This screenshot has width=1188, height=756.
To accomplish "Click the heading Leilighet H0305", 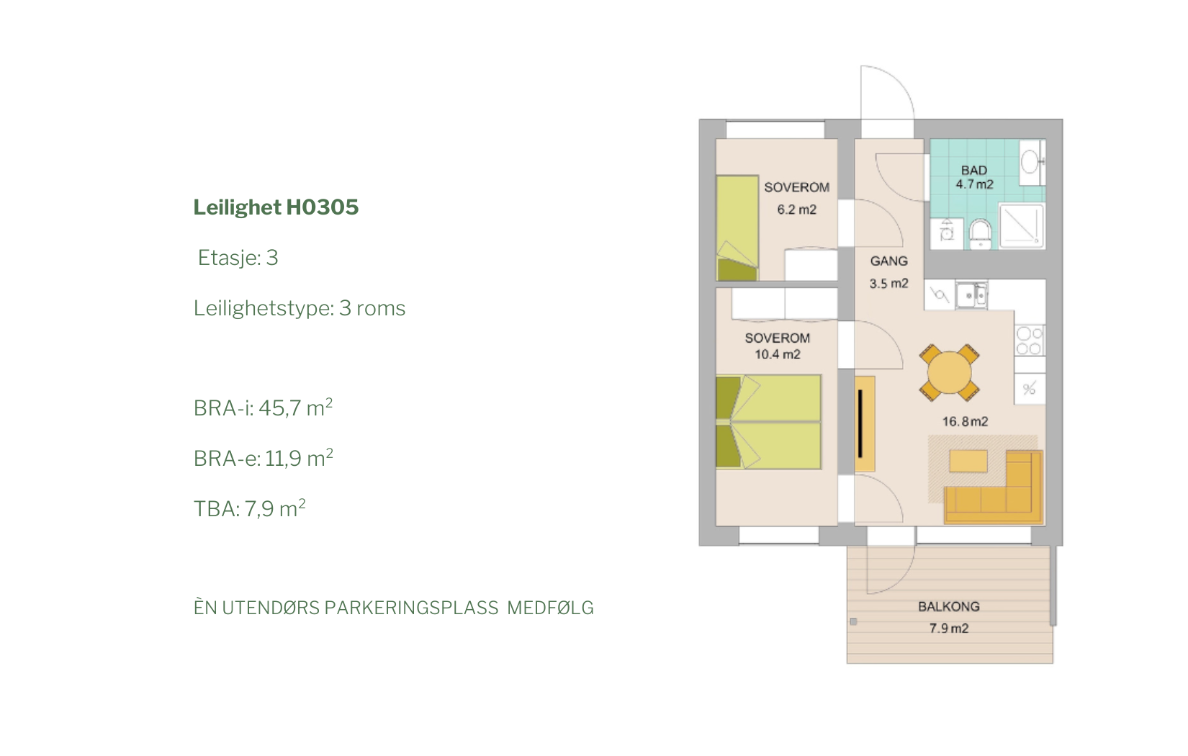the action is pos(276,207).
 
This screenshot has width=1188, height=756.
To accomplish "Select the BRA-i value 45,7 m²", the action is pos(295,408).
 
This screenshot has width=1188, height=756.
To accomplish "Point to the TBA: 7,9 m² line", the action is pos(249,508).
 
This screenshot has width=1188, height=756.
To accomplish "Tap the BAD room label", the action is pos(973,171).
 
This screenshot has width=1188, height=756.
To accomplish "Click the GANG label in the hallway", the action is pos(888,261).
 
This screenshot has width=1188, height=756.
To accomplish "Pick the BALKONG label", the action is pos(949,606).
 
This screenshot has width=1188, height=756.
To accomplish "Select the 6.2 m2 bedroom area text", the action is pos(796,210).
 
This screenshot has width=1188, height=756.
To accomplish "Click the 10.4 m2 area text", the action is pos(778,354).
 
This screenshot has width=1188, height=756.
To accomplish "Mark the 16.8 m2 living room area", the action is pos(965,422).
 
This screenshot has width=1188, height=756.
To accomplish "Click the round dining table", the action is pos(949,372).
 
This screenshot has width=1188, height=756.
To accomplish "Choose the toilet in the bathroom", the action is pos(980,234).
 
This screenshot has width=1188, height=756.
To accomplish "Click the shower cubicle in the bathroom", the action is pos(1022,225).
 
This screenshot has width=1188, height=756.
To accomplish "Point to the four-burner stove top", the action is pos(1030,341).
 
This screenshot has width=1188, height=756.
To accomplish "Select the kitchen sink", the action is pos(971,295).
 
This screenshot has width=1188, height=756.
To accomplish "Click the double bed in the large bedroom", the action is pos(768,422).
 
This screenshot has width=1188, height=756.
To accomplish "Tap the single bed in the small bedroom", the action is pos(737,228).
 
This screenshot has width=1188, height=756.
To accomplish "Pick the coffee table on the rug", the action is pos(968,461).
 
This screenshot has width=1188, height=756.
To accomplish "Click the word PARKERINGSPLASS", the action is pos(411,608).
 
